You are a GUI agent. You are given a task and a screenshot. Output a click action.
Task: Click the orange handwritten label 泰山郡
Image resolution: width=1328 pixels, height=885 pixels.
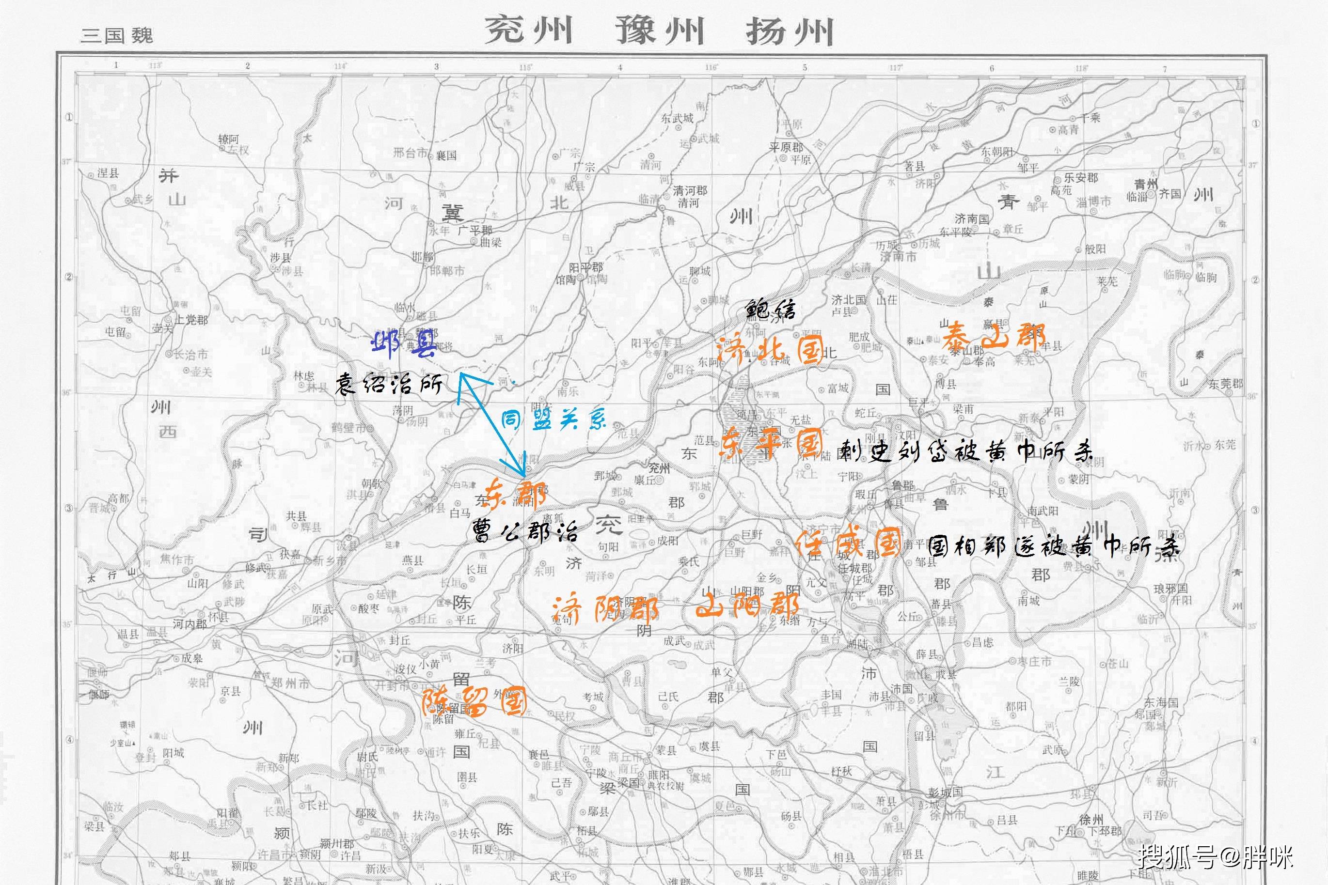click(994, 337)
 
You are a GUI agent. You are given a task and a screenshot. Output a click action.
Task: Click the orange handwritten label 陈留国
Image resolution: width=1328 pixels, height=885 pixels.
click(474, 702)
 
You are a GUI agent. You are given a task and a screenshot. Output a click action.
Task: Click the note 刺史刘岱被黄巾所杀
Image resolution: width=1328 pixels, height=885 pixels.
click(965, 451)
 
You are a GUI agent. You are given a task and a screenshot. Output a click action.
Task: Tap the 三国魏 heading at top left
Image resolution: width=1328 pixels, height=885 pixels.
click(117, 35)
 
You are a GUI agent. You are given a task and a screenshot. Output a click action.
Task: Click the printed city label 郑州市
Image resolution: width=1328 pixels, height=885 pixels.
click(290, 683)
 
